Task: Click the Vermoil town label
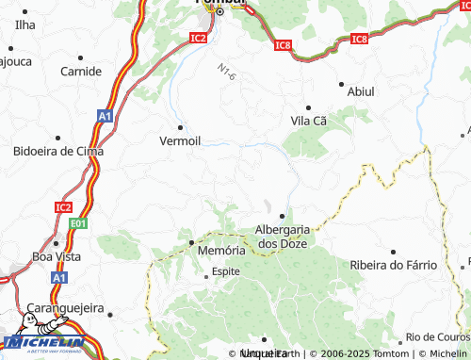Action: point(180,140)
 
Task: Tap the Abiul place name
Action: point(361,91)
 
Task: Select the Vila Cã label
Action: point(308,121)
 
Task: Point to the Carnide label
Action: point(81,71)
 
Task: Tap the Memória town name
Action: point(222,251)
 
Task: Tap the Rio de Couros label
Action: point(437,336)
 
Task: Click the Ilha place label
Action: point(25,24)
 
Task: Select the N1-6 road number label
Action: point(226,71)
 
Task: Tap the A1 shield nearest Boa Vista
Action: point(59,279)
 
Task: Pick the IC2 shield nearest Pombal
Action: point(197,38)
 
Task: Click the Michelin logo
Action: point(42,344)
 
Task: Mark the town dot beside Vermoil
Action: point(179,126)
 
